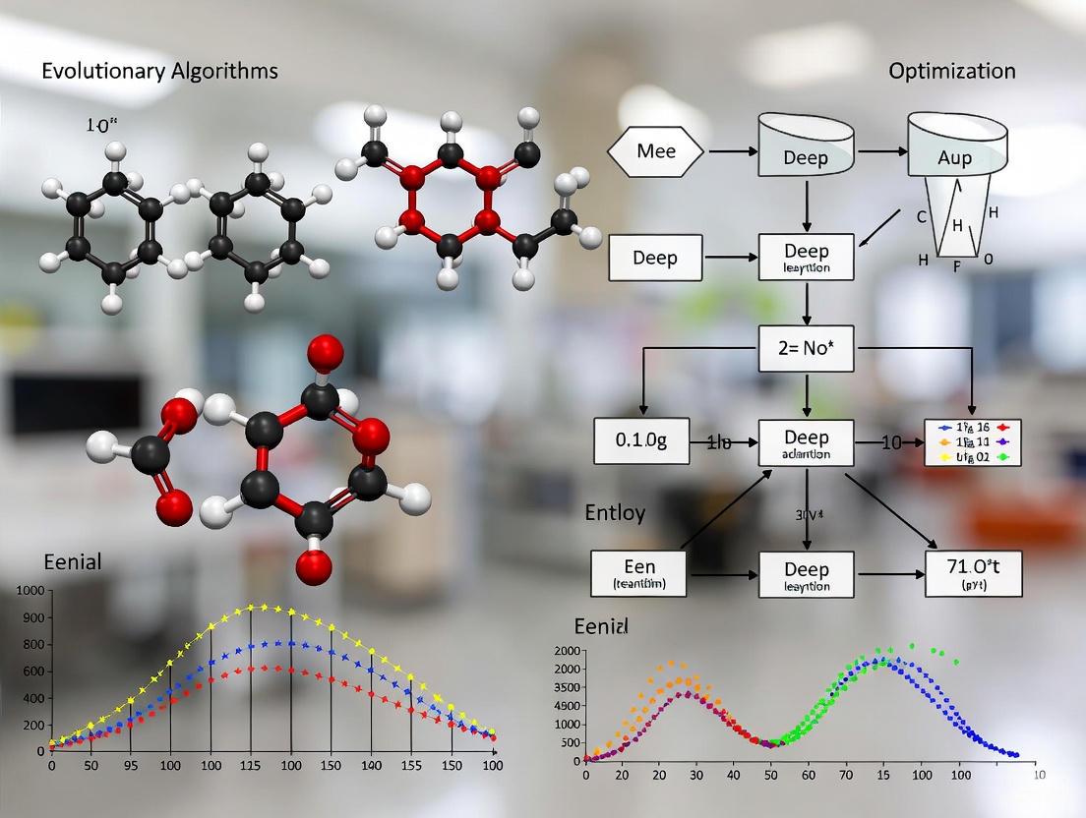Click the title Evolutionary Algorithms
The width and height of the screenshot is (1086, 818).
[x=159, y=71]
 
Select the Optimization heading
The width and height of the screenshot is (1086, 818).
[x=951, y=71]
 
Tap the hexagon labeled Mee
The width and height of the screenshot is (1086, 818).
[x=656, y=152]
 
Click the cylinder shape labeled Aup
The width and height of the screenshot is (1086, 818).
[x=954, y=151]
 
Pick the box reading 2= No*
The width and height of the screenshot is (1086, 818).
[x=807, y=348]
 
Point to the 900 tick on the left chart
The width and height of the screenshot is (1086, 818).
[x=31, y=617]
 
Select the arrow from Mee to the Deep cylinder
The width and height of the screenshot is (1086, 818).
[x=732, y=151]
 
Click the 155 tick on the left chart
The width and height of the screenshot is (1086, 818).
[x=410, y=766]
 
